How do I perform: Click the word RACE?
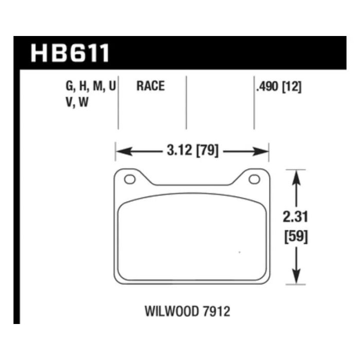click(150, 86)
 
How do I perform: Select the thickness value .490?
click(267, 86)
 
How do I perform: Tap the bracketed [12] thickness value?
click(291, 86)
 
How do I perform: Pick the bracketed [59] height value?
click(296, 238)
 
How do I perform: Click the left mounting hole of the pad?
click(129, 179)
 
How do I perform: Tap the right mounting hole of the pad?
click(254, 179)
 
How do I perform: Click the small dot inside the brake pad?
click(240, 252)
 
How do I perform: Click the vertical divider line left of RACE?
click(119, 103)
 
